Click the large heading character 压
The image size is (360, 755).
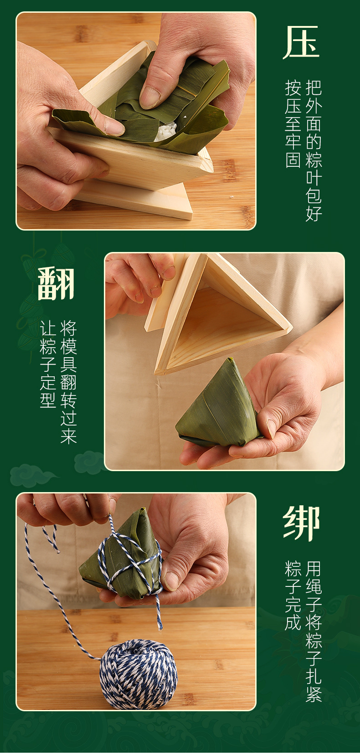click(301, 42)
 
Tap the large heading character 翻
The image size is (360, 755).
click(56, 283)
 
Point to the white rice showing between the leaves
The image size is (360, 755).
click(165, 131)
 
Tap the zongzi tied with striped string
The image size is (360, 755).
click(123, 555)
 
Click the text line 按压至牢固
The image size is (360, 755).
click(293, 123)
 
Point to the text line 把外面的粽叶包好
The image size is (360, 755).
click(314, 151)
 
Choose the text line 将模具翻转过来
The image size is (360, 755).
click(68, 382)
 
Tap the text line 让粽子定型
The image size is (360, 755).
click(48, 364)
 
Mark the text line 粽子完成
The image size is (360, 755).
click(293, 595)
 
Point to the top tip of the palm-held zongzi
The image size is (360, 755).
click(230, 359)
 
